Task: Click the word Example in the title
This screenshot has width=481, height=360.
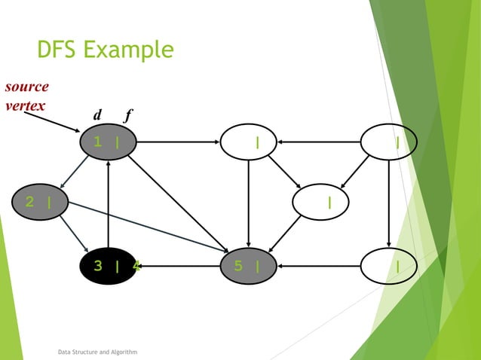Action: point(128,51)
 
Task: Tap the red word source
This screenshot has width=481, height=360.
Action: point(26,87)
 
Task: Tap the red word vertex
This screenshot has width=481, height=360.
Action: point(24,105)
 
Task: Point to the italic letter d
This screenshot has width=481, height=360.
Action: point(97,115)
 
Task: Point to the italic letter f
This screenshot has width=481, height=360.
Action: point(128,115)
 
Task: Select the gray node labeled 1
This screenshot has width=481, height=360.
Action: point(109,142)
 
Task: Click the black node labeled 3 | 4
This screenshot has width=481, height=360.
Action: point(109,265)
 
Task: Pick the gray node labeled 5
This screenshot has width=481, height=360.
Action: point(248,265)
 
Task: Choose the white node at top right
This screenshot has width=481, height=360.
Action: point(388,142)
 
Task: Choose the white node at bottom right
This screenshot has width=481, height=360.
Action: point(388,265)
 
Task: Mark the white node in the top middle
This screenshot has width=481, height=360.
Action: point(248,142)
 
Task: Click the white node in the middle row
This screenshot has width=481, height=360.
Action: point(320,202)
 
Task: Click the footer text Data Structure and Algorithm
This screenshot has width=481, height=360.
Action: point(98,352)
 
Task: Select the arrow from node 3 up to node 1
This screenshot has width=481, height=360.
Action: point(109,203)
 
